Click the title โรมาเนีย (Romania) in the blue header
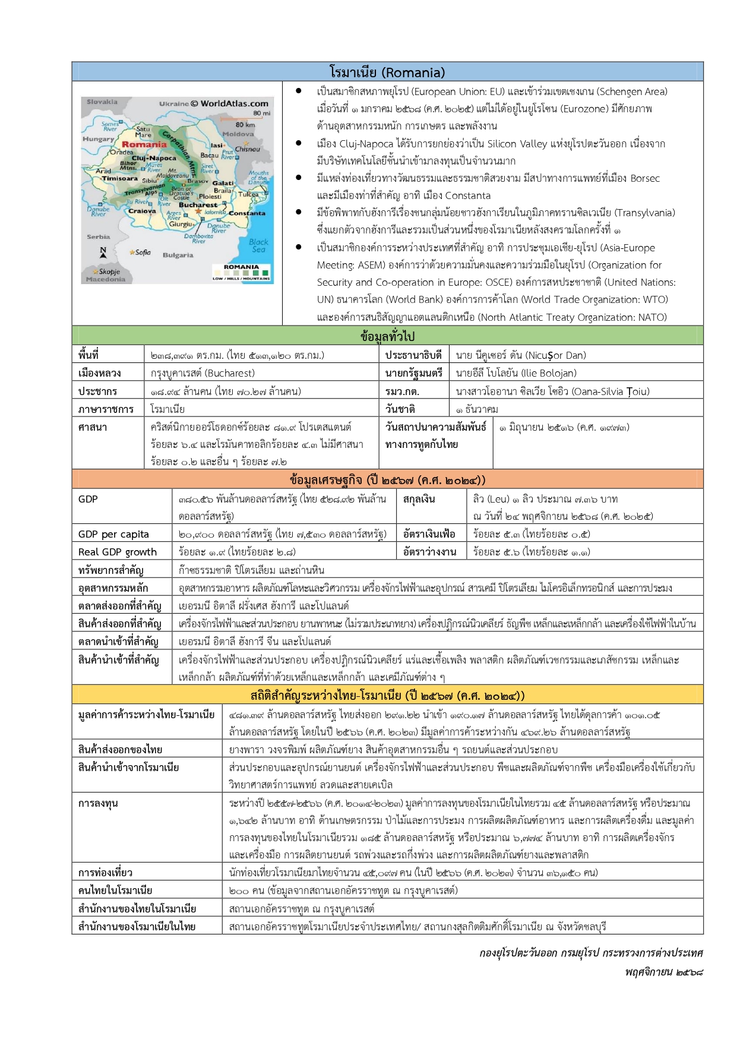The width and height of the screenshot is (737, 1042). tap(387, 72)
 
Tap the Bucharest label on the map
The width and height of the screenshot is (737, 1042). tap(198, 205)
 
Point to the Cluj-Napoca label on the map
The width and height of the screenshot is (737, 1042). tap(154, 158)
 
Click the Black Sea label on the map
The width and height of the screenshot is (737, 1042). tap(258, 245)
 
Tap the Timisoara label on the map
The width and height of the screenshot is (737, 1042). tap(119, 178)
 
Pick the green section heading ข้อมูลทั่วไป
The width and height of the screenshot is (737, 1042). tap(387, 336)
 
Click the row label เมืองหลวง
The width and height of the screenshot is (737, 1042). tap(99, 373)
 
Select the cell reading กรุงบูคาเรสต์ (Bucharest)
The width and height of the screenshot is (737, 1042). tap(203, 373)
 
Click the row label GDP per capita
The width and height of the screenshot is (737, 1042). tap(113, 534)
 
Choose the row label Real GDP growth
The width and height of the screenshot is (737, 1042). tap(118, 552)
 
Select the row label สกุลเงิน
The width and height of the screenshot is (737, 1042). tap(419, 499)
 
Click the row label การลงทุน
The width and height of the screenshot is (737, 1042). tap(98, 803)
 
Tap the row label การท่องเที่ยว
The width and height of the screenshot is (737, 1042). tap(105, 873)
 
